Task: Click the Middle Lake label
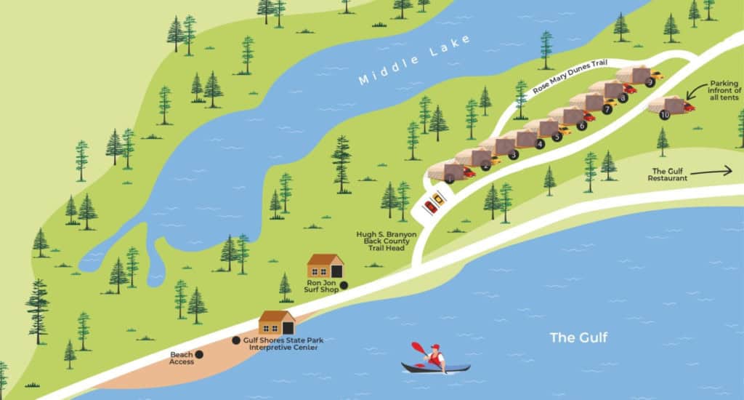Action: point(415,60)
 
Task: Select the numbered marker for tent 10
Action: point(664,114)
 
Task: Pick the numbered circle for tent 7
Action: point(607,109)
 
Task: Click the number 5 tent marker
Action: point(557,136)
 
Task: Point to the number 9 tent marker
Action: point(650,83)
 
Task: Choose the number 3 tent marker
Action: point(514,154)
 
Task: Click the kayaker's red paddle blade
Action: point(417,348)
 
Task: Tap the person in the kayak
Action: point(435,356)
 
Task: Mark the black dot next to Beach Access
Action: point(199,354)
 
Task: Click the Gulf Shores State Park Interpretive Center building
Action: point(277,322)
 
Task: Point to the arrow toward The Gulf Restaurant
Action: point(712,172)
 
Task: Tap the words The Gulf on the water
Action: point(578,337)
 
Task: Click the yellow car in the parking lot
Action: point(438,198)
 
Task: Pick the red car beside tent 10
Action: point(689,108)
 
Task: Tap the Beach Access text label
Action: point(181,358)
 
